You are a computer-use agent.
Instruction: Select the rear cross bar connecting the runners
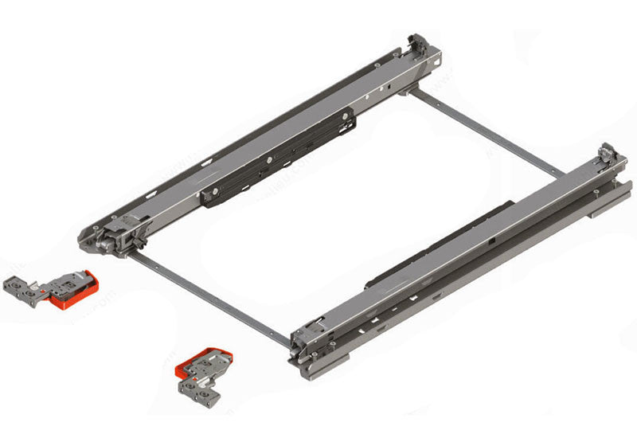click(486, 131)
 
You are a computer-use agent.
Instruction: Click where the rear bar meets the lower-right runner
click(561, 174)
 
